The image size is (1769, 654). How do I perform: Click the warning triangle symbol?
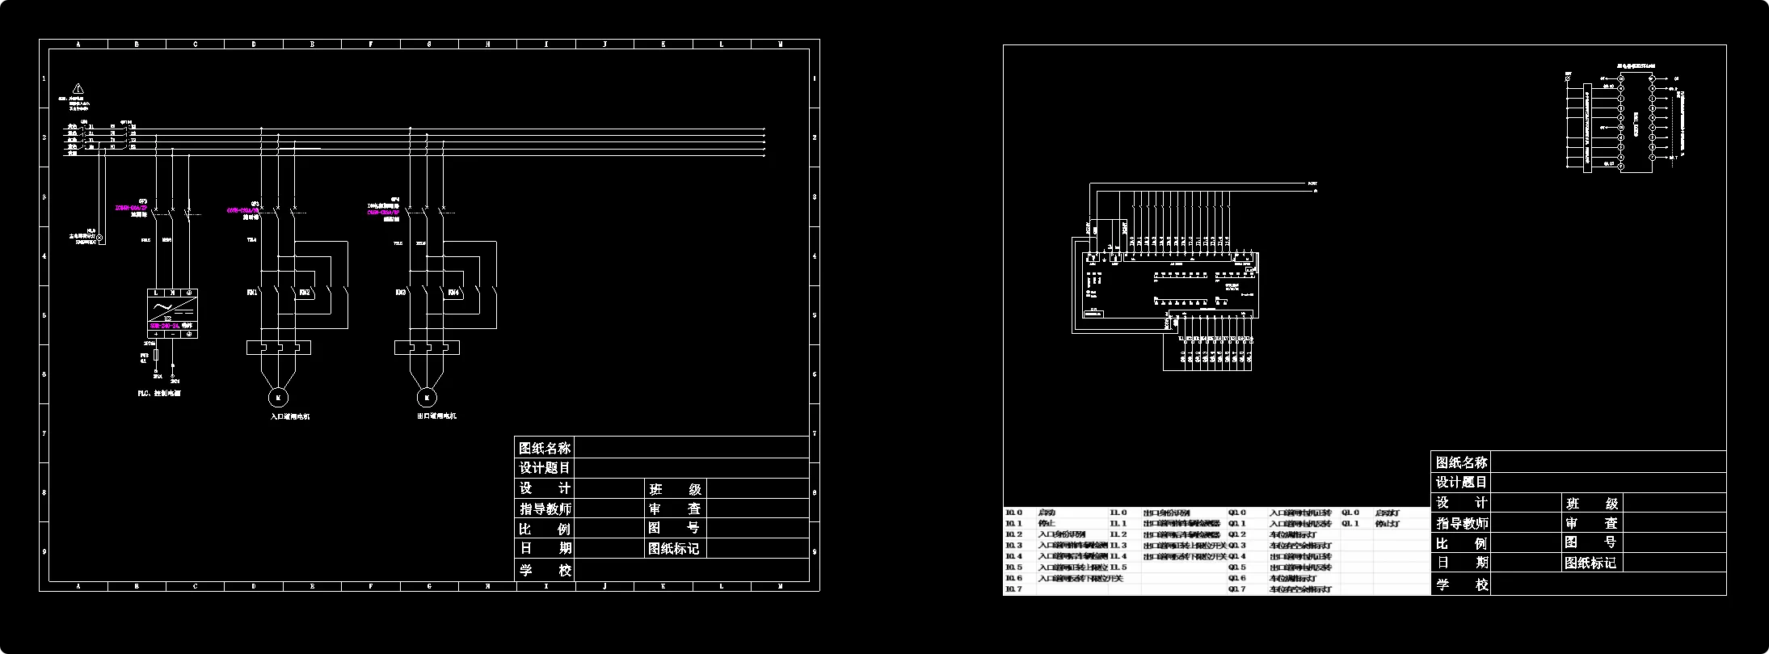78,88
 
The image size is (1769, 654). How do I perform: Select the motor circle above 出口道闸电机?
426,397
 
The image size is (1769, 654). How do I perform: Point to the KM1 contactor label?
251,293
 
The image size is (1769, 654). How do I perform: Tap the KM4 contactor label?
453,293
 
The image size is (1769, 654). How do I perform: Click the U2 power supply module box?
173,312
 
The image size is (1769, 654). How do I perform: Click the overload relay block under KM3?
427,348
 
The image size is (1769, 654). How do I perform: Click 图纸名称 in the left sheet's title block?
544,448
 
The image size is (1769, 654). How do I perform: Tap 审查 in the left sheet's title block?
675,508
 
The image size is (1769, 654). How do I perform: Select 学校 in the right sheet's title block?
1460,584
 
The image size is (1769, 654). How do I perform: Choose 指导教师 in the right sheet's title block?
1460,523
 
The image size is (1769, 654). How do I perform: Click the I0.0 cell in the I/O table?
1013,513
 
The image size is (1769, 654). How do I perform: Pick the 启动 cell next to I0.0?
1047,513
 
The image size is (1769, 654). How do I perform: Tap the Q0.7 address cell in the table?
1237,589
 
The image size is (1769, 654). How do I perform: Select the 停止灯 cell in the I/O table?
1388,524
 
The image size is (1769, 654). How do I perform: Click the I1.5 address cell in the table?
1118,568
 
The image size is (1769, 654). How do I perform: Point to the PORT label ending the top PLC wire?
1312,184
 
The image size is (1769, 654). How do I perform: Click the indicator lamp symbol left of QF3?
100,238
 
